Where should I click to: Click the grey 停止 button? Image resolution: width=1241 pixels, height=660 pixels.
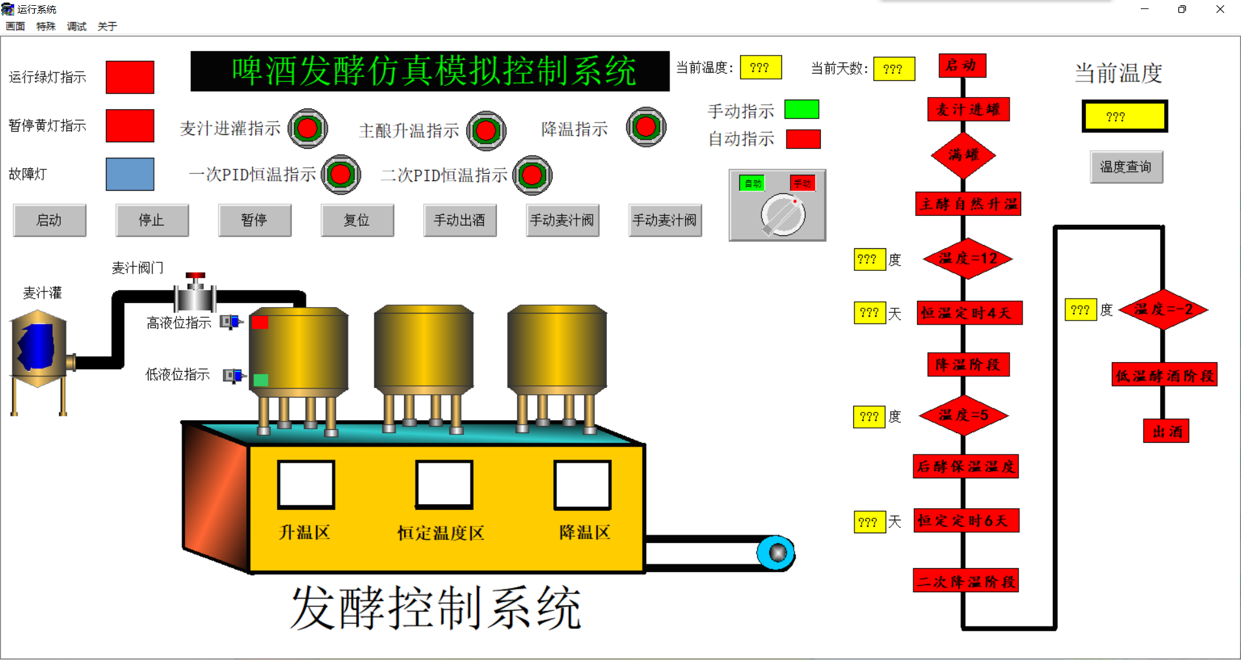152,220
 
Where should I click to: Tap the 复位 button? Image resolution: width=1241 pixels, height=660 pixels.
357,220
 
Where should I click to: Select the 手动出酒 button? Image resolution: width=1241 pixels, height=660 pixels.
460,220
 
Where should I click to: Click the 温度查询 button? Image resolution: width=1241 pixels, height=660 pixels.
1126,167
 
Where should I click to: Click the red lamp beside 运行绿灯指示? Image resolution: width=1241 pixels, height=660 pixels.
130,77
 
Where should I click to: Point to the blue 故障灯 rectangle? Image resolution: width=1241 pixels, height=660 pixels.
130,174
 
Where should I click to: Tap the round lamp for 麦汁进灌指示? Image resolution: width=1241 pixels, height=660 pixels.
308,128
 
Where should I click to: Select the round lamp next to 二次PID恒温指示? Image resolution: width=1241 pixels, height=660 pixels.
533,175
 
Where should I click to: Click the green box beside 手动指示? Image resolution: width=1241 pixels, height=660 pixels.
801,109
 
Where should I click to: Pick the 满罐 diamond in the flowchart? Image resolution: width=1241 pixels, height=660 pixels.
963,155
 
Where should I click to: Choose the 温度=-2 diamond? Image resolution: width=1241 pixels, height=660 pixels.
1163,310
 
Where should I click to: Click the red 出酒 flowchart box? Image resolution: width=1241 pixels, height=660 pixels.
1167,431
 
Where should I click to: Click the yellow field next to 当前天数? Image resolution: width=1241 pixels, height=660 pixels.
893,69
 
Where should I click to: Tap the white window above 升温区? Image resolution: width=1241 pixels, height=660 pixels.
306,484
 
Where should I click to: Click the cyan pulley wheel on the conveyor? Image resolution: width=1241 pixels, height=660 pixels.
776,553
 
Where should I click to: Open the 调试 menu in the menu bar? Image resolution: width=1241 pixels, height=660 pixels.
76,27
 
